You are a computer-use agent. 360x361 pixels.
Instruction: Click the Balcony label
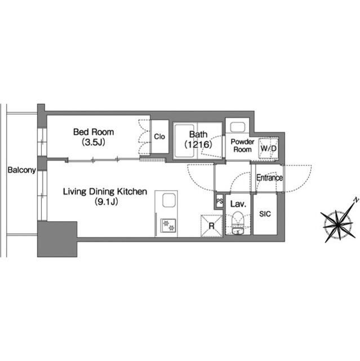pos(21,170)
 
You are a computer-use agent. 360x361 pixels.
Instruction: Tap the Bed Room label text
pos(94,132)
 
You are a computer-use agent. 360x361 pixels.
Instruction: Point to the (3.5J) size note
pos(94,143)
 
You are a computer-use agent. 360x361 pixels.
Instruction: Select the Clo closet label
pos(159,137)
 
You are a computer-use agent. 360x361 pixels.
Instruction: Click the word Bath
pos(198,134)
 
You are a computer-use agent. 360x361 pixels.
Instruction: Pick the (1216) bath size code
pos(198,144)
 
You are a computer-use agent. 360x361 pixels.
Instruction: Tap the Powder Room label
pos(242,146)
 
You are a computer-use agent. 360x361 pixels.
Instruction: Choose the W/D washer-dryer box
pos(268,148)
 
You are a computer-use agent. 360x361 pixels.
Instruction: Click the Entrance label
pos(269,178)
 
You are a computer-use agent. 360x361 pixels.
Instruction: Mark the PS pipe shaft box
pos(220,201)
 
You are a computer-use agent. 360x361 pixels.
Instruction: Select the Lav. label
pos(238,204)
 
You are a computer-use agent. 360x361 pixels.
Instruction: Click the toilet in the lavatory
pos(238,219)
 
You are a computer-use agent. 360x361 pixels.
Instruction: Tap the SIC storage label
pos(265,214)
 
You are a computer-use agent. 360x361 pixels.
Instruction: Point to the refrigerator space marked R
pos(211,226)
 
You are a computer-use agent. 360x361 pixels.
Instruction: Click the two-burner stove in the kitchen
pos(168,226)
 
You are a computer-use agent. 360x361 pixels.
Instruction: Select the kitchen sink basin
pos(169,200)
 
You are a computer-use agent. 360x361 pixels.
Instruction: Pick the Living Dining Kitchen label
pos(105,192)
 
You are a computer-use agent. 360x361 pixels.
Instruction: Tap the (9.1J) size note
pos(106,202)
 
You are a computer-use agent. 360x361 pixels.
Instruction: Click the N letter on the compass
pos(356,200)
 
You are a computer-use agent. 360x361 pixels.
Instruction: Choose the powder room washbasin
pos(238,127)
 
